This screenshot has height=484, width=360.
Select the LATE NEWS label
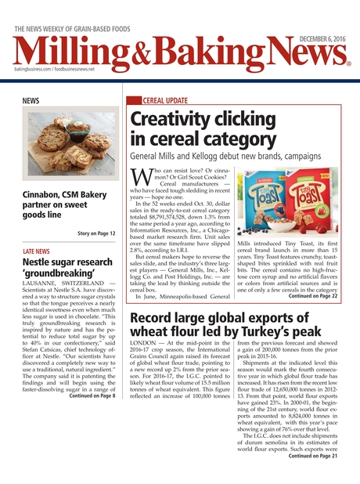click(x=37, y=251)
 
